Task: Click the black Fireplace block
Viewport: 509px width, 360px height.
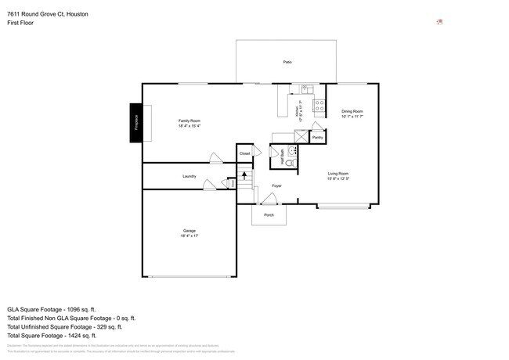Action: click(x=135, y=124)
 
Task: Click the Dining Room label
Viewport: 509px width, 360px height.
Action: click(x=352, y=112)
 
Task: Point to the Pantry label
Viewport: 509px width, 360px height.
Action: click(x=317, y=137)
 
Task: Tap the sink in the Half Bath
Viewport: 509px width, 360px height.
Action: click(x=292, y=149)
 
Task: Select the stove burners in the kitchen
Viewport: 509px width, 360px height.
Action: click(x=319, y=106)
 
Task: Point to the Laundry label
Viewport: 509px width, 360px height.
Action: click(x=189, y=176)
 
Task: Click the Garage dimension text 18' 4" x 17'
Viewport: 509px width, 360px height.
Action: click(x=190, y=236)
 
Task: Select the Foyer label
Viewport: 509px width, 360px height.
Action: click(x=276, y=185)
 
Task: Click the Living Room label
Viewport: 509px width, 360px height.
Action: click(x=338, y=173)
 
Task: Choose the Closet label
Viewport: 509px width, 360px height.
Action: click(x=244, y=153)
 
